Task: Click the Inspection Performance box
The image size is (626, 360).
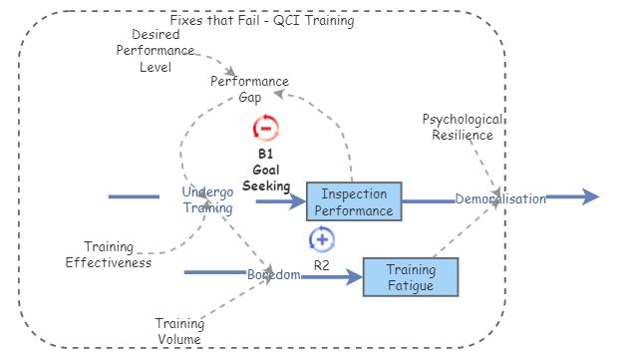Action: [353, 200]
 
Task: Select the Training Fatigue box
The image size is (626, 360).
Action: [410, 276]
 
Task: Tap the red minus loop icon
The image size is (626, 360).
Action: [266, 128]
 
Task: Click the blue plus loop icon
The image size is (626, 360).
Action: [321, 239]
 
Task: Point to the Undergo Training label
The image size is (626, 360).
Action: [207, 199]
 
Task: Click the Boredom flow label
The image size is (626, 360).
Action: [274, 274]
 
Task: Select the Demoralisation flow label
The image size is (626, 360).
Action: [500, 198]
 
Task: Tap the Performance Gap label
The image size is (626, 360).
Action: [249, 89]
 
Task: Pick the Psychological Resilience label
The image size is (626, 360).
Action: [463, 127]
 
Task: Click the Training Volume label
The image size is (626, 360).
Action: [179, 331]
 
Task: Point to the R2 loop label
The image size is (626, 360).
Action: [321, 265]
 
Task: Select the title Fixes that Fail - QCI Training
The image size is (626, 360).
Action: [261, 20]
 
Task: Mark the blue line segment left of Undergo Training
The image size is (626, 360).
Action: [134, 197]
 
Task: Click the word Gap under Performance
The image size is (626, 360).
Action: [249, 97]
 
